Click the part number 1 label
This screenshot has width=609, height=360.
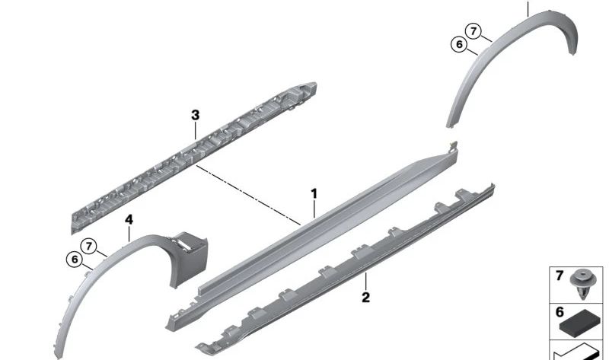click(x=314, y=195)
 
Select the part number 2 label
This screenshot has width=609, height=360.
click(x=365, y=297)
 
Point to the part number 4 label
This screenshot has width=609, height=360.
click(x=129, y=219)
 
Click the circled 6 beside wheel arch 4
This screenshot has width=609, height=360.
click(x=75, y=260)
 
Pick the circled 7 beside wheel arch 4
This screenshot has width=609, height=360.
click(x=91, y=246)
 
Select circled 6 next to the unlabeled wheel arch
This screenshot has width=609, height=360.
click(x=458, y=45)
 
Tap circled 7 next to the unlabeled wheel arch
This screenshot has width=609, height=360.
click(x=473, y=31)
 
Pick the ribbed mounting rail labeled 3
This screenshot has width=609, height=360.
click(x=190, y=156)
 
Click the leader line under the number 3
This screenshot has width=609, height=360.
click(x=196, y=129)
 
